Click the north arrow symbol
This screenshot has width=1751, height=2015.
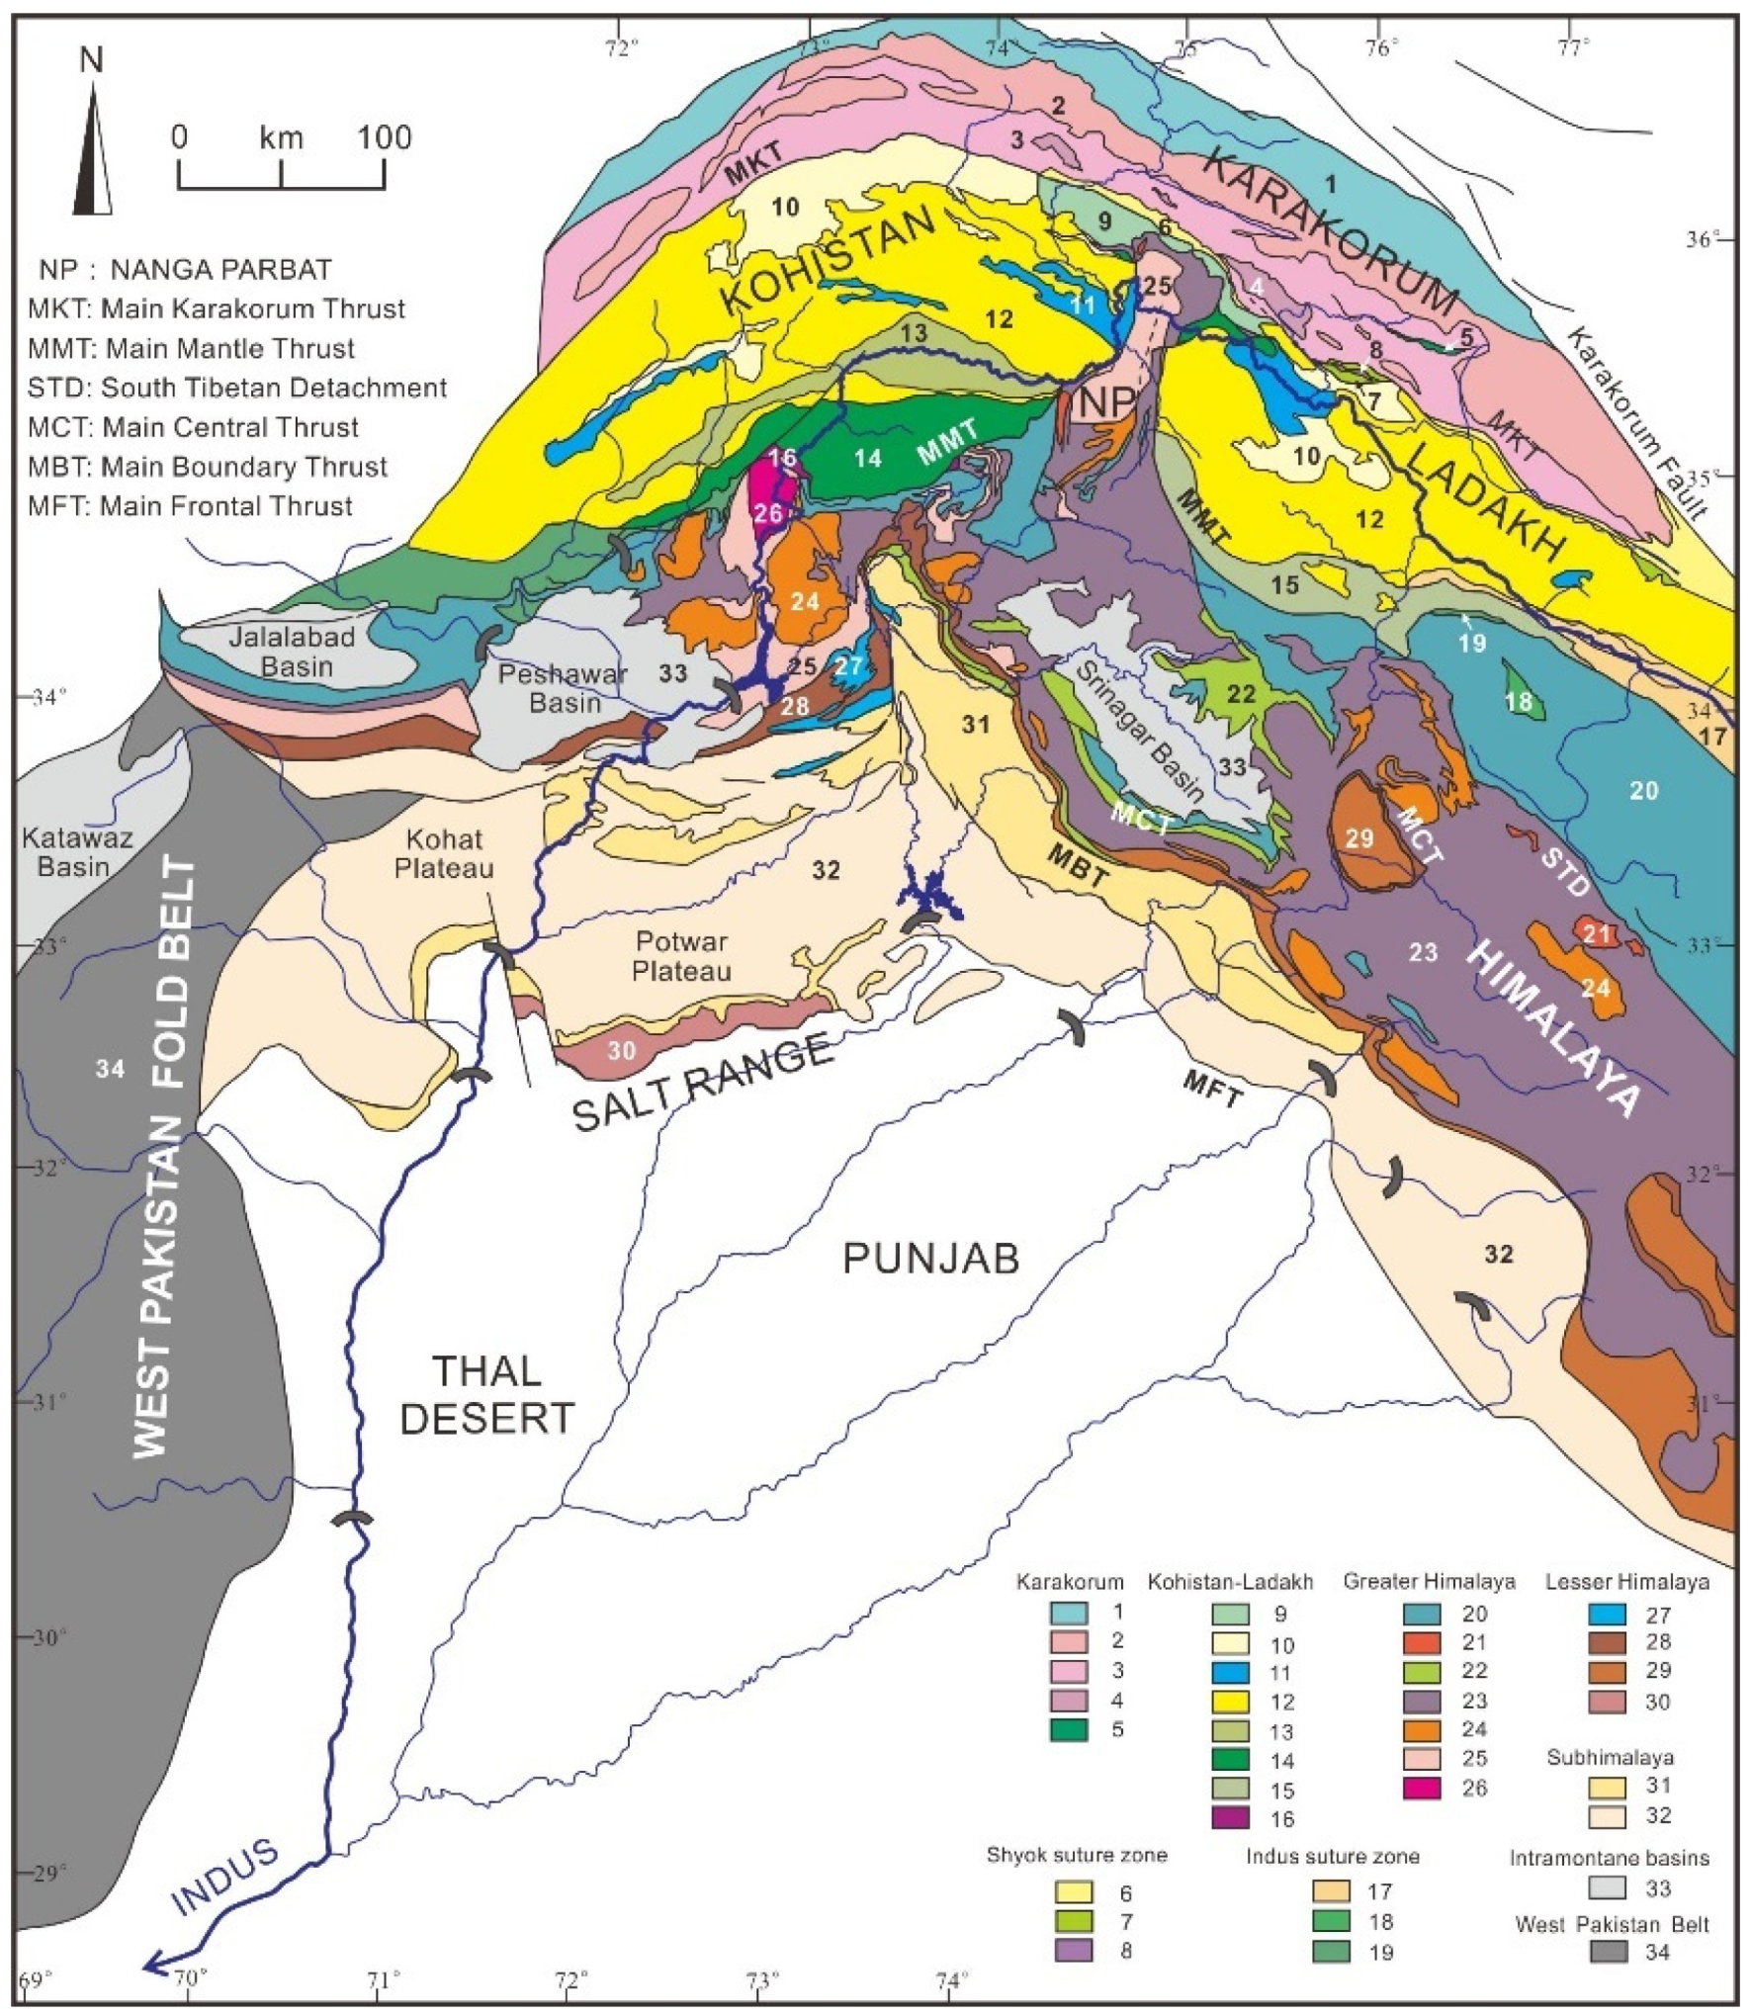coord(93,148)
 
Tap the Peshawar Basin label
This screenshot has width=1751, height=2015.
coord(563,688)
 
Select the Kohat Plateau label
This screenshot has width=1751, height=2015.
coord(444,853)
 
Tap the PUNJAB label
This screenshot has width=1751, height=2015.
coord(930,1259)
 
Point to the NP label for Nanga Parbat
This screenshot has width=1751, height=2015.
coord(1106,402)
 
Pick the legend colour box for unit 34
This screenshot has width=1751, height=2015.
coord(1608,1952)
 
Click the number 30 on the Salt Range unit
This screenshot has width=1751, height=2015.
coord(621,1050)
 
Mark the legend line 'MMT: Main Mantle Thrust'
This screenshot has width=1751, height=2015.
coord(192,348)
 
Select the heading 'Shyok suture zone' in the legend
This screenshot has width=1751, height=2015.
coord(1077,1854)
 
